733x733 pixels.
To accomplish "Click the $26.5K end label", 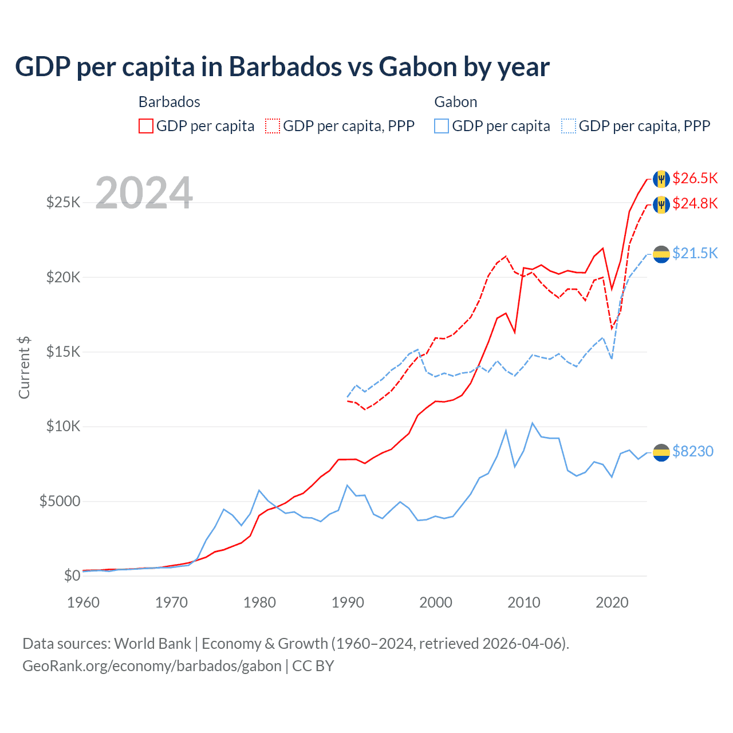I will click(x=695, y=178).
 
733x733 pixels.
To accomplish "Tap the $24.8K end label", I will click(x=695, y=203).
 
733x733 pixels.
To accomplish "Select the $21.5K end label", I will click(x=695, y=253).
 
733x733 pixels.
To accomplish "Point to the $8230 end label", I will click(x=692, y=451).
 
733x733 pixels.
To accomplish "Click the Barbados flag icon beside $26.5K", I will click(x=661, y=179).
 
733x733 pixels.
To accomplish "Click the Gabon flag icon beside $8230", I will click(x=661, y=452).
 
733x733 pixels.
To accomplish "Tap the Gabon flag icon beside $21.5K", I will click(x=661, y=254).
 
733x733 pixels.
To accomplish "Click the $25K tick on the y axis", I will click(x=63, y=202).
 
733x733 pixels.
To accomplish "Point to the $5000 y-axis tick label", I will click(x=60, y=502).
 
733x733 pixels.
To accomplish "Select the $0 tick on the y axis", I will click(x=72, y=576).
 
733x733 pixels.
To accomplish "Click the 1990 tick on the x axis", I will click(x=348, y=602).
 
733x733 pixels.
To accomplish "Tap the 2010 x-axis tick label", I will click(x=524, y=602).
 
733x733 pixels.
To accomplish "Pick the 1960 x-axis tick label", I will click(x=84, y=602).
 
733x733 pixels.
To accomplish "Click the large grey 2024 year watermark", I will click(x=144, y=193).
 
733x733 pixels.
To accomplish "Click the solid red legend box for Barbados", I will click(x=146, y=126).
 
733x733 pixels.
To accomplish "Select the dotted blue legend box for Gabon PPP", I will click(x=569, y=126).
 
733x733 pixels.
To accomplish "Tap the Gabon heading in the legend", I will click(x=456, y=102).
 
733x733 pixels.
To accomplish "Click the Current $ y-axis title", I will click(x=24, y=367).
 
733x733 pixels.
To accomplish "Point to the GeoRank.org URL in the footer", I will click(x=152, y=666).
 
